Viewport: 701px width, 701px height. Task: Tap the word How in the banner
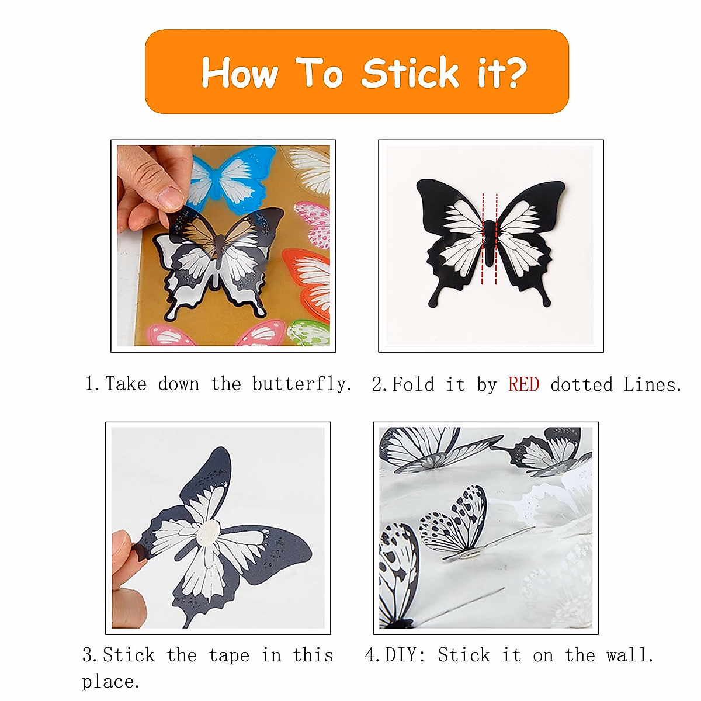pyautogui.click(x=240, y=74)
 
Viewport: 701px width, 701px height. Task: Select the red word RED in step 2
pyautogui.click(x=523, y=385)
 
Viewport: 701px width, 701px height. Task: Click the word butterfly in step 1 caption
pyautogui.click(x=302, y=384)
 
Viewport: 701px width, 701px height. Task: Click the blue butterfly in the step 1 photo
pyautogui.click(x=234, y=175)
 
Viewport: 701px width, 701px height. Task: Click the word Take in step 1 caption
pyautogui.click(x=125, y=384)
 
